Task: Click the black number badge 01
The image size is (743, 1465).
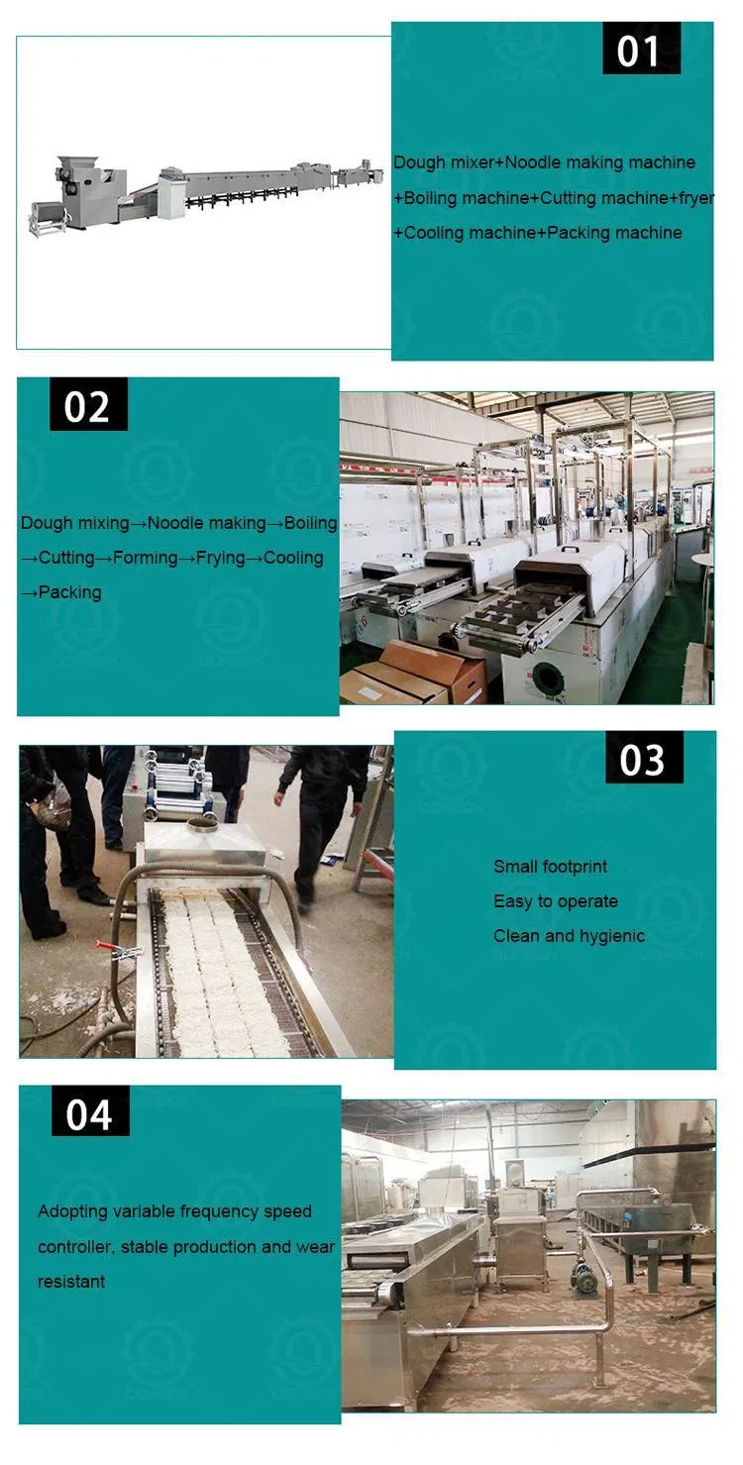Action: [641, 48]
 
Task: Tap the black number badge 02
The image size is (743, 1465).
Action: [88, 403]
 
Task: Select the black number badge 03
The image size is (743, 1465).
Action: [644, 757]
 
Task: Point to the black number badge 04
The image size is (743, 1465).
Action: [90, 1111]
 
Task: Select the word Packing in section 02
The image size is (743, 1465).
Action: [70, 592]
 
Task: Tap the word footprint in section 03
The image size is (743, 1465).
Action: [579, 867]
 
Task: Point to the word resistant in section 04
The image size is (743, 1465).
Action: [71, 1281]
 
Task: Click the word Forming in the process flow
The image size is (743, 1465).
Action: [146, 558]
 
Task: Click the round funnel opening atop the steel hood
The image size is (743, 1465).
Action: [203, 827]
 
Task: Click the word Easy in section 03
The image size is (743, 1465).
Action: [513, 901]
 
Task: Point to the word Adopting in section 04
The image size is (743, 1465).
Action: [72, 1211]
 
